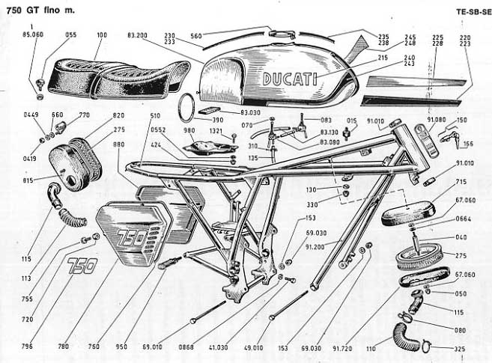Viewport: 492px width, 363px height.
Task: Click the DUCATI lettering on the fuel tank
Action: [289, 79]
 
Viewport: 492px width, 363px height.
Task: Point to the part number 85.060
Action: [33, 34]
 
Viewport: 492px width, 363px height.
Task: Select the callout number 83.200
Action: [138, 34]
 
